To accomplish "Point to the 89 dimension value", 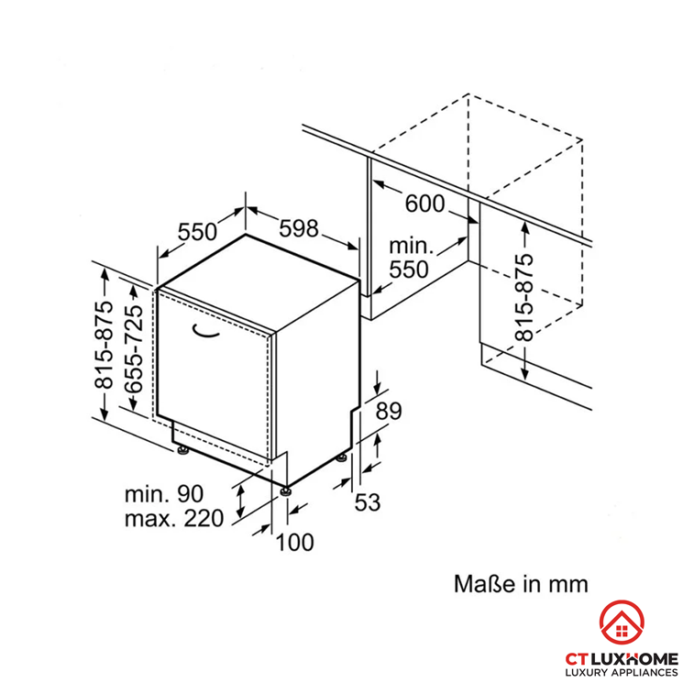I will [x=390, y=412].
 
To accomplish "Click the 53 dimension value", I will [x=367, y=501].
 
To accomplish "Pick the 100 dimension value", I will [x=294, y=542].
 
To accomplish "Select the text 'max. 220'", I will [x=174, y=519].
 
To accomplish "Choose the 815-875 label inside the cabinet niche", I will [x=523, y=298].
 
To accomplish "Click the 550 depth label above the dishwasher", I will [x=196, y=232].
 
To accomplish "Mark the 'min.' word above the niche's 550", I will [x=408, y=246].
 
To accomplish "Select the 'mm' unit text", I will [x=567, y=584].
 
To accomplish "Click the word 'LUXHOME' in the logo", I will [x=643, y=656].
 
